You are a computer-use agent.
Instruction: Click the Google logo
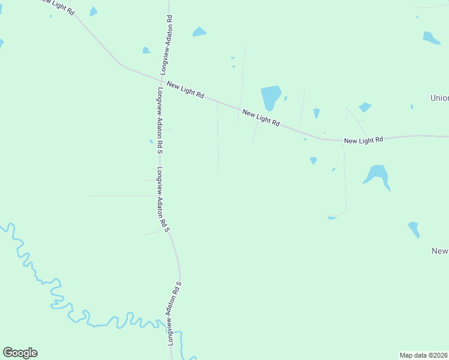click(20, 353)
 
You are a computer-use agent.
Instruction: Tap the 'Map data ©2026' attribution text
click(424, 355)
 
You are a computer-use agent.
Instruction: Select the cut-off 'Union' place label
click(440, 98)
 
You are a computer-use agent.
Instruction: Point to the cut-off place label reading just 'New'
click(441, 251)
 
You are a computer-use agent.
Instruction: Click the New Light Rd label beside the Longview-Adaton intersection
click(185, 90)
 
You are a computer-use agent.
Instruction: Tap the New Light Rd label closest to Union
click(363, 140)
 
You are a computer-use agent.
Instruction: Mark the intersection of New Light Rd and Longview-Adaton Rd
click(162, 79)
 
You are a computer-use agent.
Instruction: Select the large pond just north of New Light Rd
click(270, 97)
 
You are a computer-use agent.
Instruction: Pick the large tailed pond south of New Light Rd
click(378, 175)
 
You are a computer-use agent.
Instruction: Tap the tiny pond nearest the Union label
click(412, 107)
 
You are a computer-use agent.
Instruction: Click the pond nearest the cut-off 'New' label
click(414, 229)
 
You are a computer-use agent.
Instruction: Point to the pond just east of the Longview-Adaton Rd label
click(199, 32)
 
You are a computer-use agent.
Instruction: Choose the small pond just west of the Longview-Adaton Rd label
click(146, 50)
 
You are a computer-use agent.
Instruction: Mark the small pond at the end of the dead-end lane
click(331, 217)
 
